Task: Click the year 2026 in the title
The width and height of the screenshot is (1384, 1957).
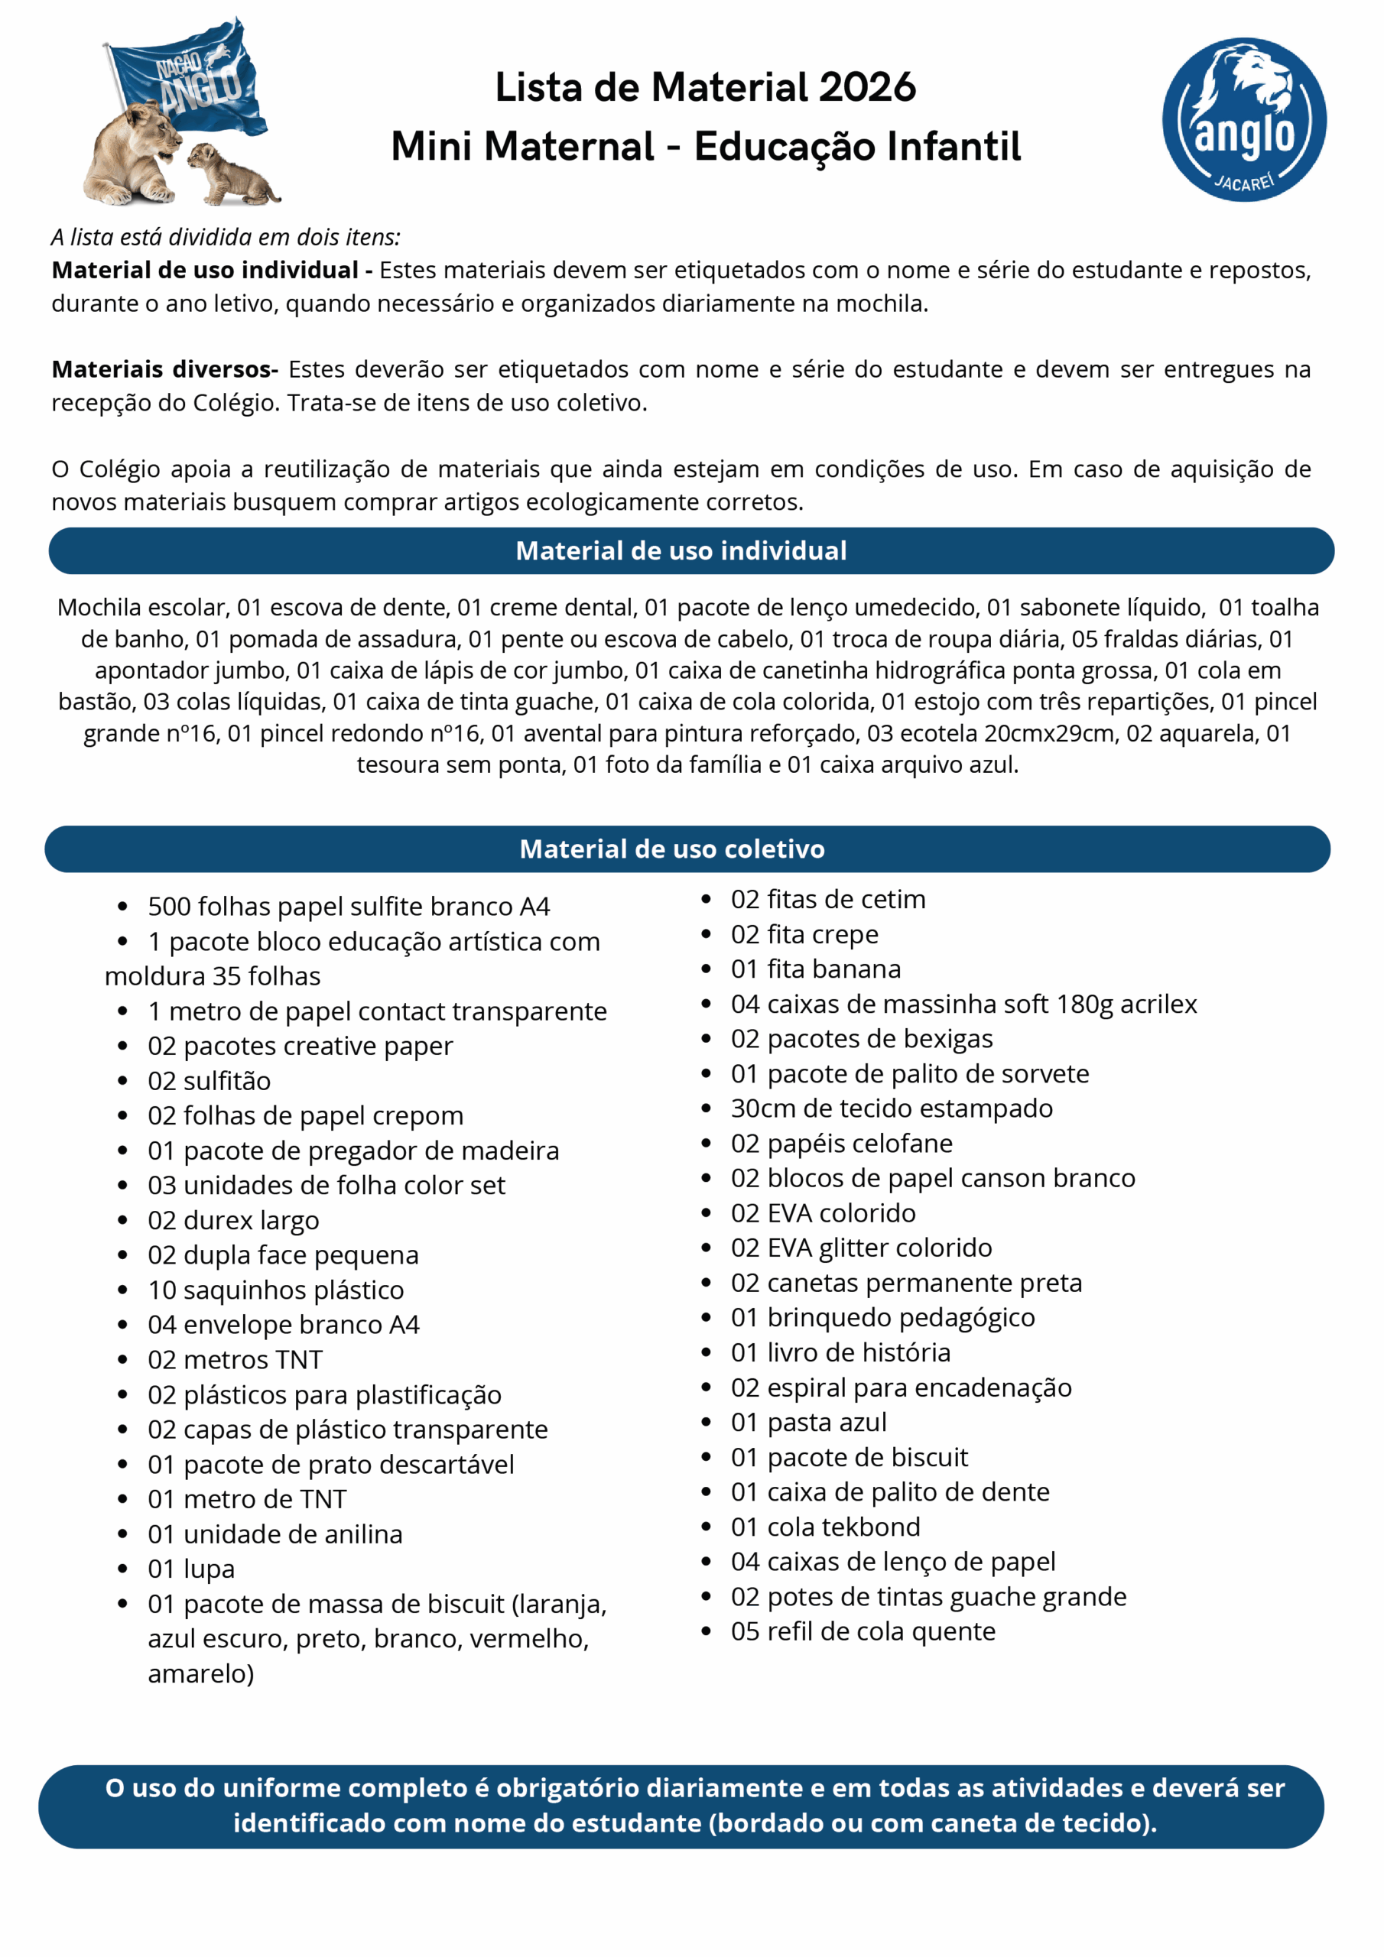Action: point(866,87)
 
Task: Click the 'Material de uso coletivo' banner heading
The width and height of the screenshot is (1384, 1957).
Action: point(672,849)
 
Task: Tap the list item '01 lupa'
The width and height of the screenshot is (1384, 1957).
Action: point(191,1569)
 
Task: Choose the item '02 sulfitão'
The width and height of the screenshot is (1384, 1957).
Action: point(209,1081)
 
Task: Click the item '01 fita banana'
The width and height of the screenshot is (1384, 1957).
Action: point(815,969)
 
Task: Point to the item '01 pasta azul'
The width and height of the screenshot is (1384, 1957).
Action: point(808,1422)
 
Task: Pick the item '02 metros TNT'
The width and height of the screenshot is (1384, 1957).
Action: point(236,1359)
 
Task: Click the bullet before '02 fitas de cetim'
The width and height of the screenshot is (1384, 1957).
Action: point(706,899)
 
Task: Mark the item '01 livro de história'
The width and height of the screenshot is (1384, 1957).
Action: point(840,1352)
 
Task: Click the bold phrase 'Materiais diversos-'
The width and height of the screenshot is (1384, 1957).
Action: point(164,369)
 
